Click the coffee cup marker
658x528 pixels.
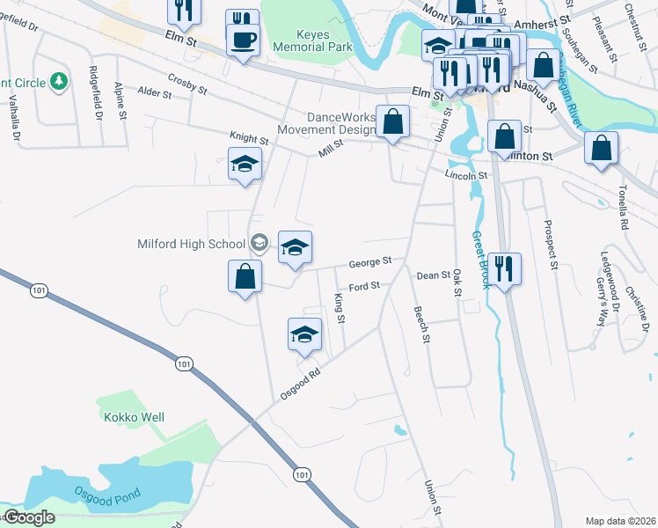(243, 40)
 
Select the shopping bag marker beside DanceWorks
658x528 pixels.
(393, 122)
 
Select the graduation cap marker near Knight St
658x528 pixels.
(245, 165)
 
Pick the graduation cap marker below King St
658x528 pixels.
(304, 334)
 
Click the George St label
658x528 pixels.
(369, 262)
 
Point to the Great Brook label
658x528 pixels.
(479, 260)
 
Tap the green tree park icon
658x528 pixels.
(59, 82)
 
